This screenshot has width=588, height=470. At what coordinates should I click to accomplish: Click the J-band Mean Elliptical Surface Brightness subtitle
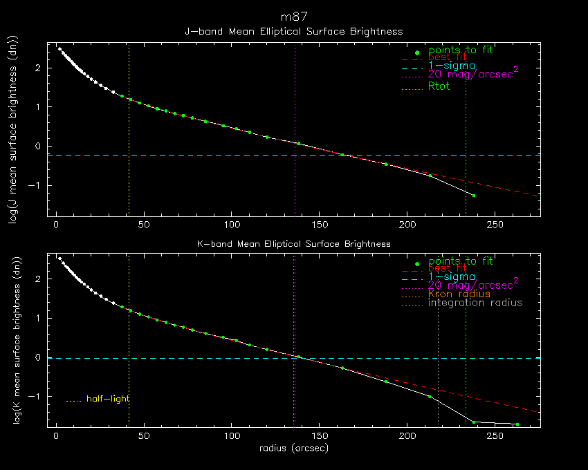click(294, 31)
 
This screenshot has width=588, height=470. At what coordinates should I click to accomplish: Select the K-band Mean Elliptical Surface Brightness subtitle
click(294, 243)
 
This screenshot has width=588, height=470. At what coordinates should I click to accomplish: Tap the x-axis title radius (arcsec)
click(294, 448)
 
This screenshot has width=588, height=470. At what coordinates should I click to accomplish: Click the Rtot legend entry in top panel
click(439, 86)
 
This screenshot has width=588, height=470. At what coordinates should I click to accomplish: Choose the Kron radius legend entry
click(459, 294)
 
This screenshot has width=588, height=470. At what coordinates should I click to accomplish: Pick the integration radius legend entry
click(475, 303)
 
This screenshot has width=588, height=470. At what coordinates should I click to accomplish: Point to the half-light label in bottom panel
click(107, 399)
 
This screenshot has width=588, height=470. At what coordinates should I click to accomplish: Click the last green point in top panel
click(474, 196)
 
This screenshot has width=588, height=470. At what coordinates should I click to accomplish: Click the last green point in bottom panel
click(517, 424)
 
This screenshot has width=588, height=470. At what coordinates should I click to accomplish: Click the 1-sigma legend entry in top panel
click(451, 66)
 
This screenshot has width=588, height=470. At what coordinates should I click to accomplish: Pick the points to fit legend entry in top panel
click(461, 50)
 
